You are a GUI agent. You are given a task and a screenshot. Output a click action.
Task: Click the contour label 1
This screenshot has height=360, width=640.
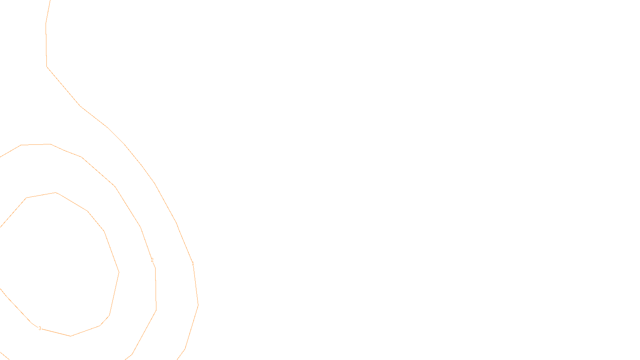click(x=193, y=264)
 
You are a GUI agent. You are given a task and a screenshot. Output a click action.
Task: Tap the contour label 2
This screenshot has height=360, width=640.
click(x=152, y=260)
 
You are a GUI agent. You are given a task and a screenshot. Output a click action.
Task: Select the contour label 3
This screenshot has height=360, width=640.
click(x=40, y=328)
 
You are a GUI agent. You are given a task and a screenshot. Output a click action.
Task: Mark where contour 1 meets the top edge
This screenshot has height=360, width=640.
click(x=50, y=1)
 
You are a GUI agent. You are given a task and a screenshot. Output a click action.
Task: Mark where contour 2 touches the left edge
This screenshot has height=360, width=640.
click(x=1, y=156)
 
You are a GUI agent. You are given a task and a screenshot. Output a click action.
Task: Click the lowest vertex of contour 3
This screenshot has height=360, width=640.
click(x=71, y=336)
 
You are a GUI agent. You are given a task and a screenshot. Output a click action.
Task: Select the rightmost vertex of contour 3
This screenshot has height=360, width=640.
click(x=119, y=272)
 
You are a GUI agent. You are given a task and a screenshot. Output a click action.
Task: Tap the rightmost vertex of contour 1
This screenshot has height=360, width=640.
click(x=198, y=304)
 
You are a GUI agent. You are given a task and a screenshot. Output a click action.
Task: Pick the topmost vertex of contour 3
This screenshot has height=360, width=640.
click(x=56, y=193)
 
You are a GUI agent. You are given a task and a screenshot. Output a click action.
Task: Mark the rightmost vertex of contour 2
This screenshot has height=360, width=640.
click(x=156, y=309)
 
